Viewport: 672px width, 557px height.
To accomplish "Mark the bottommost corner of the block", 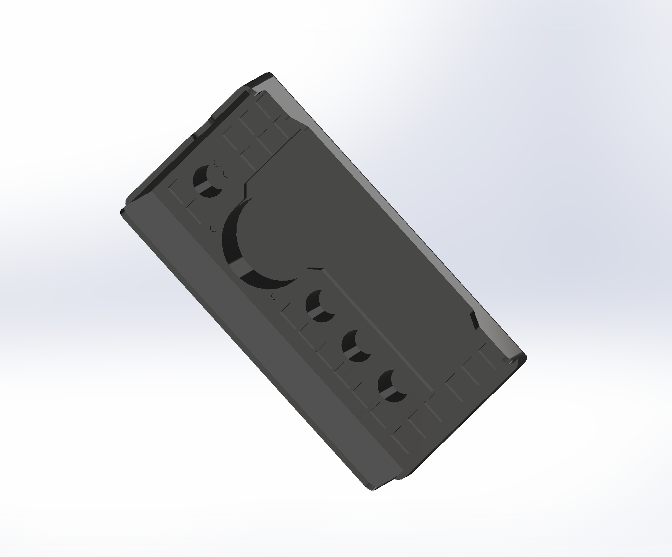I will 372,488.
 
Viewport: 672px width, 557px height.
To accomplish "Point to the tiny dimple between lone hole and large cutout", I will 213,228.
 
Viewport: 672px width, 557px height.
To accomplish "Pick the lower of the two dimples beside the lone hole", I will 225,174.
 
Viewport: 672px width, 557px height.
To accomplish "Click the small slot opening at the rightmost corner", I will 510,361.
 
